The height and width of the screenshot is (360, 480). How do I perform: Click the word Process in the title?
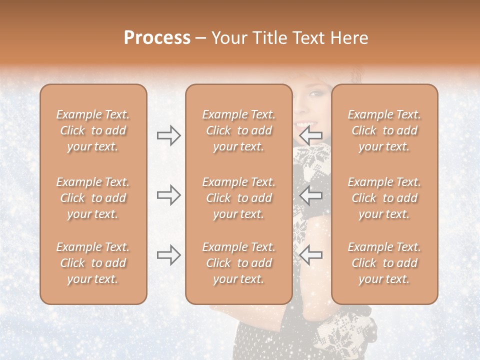click(x=157, y=38)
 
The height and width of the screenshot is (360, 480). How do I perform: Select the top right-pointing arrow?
click(x=168, y=135)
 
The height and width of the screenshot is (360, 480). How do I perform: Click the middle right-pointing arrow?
click(x=168, y=195)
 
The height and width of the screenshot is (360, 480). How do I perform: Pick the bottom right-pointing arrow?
click(x=168, y=255)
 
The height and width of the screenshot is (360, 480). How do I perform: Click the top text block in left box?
click(x=93, y=130)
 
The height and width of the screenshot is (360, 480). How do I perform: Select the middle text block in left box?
click(x=93, y=198)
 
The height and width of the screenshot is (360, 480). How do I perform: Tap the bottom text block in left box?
click(x=93, y=263)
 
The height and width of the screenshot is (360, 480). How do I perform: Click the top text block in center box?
click(x=238, y=130)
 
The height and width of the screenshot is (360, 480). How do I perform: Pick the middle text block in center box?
click(x=238, y=198)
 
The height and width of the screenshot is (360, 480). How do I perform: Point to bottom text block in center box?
click(x=238, y=263)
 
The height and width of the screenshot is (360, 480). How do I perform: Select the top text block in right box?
click(x=384, y=130)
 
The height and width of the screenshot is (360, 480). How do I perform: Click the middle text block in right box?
click(x=384, y=198)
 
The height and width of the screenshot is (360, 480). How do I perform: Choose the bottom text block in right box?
click(x=384, y=263)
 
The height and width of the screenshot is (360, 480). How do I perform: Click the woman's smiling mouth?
click(x=302, y=123)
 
